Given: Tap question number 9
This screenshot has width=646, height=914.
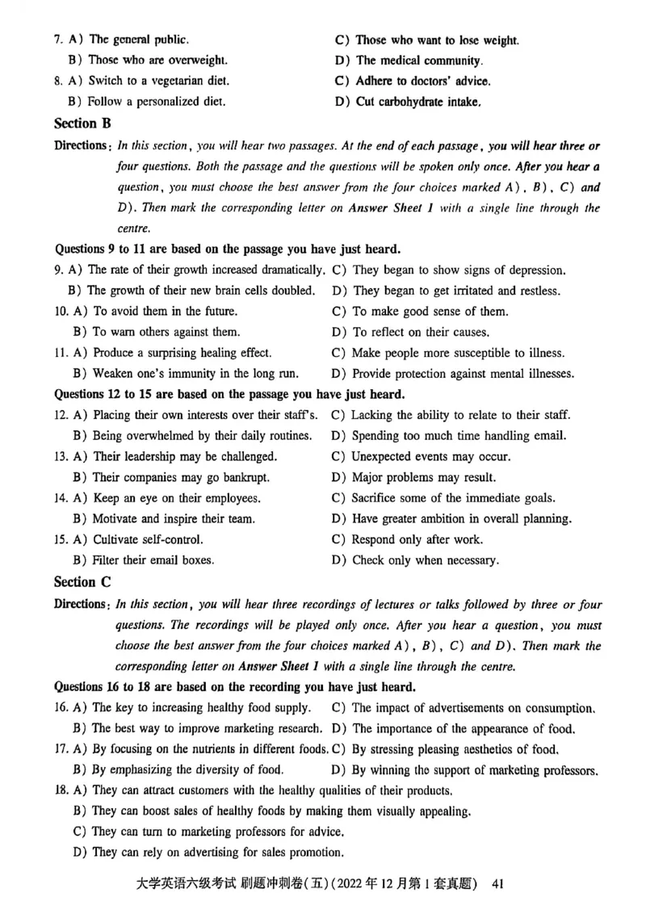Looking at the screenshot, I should click(58, 270).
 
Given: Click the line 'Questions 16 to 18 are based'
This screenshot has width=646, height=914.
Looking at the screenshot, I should click(234, 687).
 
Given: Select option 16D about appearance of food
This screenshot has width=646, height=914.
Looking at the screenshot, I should click(464, 729).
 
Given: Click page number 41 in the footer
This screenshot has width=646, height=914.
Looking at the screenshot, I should click(497, 884).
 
